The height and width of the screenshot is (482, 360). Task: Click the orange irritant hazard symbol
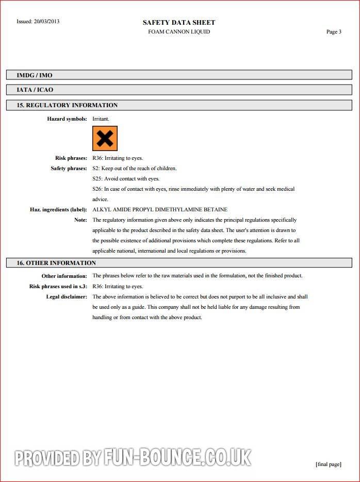[105, 138]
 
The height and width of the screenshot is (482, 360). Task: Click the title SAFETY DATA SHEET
[179, 22]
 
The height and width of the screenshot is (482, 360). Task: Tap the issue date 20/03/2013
[46, 22]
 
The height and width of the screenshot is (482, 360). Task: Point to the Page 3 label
[334, 32]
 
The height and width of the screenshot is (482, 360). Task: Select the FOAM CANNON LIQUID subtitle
[179, 32]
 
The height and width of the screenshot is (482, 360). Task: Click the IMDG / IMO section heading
[35, 75]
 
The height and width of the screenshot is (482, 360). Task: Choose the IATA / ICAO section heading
[35, 90]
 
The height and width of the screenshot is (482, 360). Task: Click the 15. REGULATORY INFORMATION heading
[67, 105]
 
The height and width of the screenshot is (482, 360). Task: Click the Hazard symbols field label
[67, 119]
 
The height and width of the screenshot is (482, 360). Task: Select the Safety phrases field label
[69, 169]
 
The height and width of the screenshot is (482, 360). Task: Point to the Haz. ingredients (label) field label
[58, 210]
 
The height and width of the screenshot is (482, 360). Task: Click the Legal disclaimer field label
[67, 297]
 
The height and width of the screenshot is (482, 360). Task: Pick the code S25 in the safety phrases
[97, 179]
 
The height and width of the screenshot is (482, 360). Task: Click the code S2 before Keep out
[95, 169]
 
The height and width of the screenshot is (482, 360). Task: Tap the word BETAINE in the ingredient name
[216, 210]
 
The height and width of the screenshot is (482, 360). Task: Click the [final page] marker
[328, 464]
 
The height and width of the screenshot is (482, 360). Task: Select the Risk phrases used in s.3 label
[58, 287]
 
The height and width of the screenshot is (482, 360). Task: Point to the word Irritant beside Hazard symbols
[101, 119]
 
